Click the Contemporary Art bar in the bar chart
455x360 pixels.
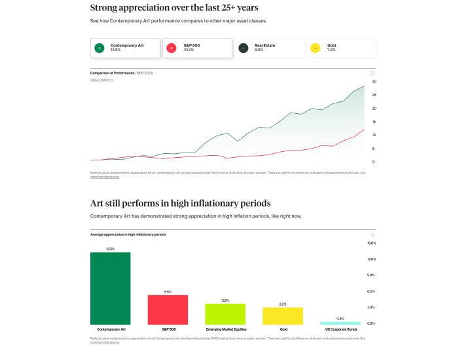(x=110, y=288)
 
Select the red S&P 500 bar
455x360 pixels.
(x=168, y=310)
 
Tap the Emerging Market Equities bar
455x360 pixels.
(x=225, y=314)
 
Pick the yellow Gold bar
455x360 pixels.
(x=283, y=316)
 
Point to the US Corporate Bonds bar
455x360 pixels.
(x=340, y=323)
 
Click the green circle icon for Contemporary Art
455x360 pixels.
(x=99, y=48)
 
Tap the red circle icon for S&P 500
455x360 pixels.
(x=172, y=48)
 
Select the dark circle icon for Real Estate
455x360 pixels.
(x=244, y=48)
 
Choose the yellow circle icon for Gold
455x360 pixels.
(x=316, y=48)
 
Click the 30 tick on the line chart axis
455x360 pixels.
(x=374, y=82)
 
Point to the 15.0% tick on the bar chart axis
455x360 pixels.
(x=371, y=243)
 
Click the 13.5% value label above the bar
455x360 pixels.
(x=110, y=249)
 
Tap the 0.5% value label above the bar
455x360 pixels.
(x=340, y=319)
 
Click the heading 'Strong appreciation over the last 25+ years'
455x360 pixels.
(x=173, y=8)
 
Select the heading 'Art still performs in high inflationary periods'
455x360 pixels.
(x=180, y=203)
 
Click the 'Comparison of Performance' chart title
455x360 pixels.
(x=112, y=73)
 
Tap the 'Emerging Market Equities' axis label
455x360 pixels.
(x=225, y=329)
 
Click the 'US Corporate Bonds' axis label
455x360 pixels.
(x=340, y=329)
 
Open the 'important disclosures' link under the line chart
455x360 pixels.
(x=105, y=177)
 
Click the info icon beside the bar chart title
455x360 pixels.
(x=373, y=234)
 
